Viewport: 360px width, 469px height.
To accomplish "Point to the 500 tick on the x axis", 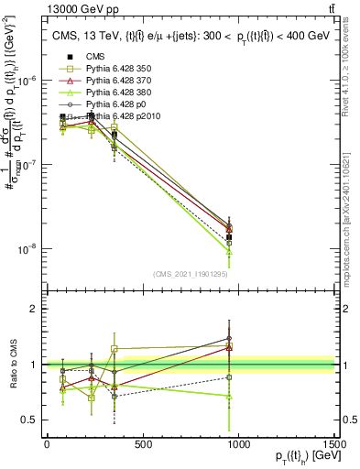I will point(142,445).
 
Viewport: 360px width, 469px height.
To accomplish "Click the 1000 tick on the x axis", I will point(238,445).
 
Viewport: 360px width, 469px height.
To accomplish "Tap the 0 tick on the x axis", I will point(47,445).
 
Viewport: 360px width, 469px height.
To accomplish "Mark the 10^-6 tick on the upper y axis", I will point(27,80).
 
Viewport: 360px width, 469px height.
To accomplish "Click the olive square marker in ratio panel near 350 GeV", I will point(114,349).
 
